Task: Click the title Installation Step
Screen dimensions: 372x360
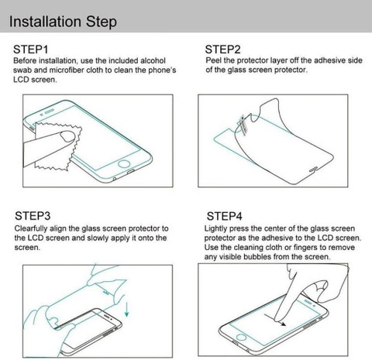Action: [x=63, y=22]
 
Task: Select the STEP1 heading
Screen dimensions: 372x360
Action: [x=31, y=50]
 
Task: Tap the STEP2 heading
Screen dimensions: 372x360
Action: [x=222, y=50]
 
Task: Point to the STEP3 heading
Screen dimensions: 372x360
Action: [x=33, y=216]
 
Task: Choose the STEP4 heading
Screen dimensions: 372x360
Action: [x=224, y=216]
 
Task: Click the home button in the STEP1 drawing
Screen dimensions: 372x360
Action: [x=124, y=164]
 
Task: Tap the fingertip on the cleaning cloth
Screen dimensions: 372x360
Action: [x=67, y=136]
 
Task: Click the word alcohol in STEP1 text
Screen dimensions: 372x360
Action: [x=153, y=60]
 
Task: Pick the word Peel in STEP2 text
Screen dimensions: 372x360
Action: [x=213, y=60]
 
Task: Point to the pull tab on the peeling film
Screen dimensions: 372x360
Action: [x=243, y=125]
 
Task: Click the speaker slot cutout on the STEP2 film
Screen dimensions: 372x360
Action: [x=314, y=170]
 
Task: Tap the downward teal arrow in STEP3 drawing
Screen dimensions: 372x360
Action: [x=126, y=309]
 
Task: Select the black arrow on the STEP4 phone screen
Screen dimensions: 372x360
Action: [x=275, y=320]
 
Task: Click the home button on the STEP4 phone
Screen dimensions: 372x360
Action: [x=241, y=337]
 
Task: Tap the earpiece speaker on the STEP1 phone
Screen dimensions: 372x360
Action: [x=50, y=111]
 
